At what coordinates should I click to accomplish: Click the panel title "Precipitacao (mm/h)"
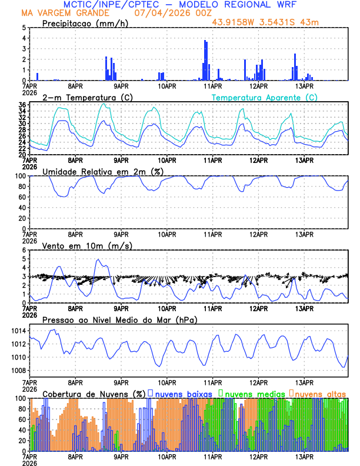pyautogui.click(x=86, y=23)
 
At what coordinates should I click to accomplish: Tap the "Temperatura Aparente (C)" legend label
pyautogui.click(x=265, y=97)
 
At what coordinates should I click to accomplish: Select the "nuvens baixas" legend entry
pyautogui.click(x=182, y=392)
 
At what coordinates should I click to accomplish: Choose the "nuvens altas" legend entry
pyautogui.click(x=321, y=392)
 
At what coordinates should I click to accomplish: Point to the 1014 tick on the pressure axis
pyautogui.click(x=18, y=331)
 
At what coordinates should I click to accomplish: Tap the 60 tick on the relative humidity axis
pyautogui.click(x=21, y=197)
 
